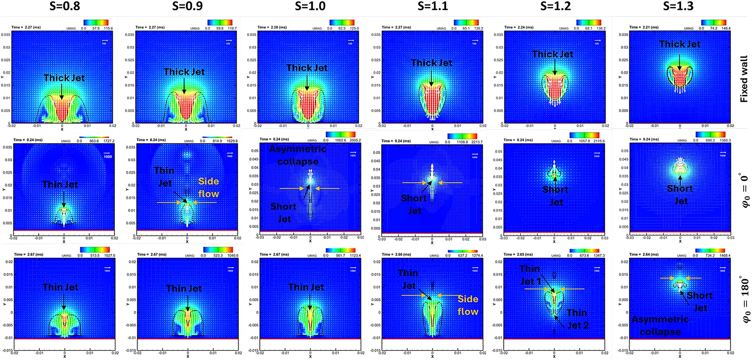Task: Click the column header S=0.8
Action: click(x=65, y=6)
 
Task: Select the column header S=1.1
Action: click(x=433, y=6)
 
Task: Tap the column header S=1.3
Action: click(x=678, y=6)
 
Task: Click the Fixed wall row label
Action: click(x=744, y=79)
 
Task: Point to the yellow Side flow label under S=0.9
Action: click(x=209, y=188)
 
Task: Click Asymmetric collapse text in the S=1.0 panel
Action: click(x=298, y=155)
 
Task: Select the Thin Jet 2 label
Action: click(x=577, y=319)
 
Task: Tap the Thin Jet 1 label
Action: click(x=530, y=275)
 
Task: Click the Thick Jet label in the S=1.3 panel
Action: click(x=680, y=44)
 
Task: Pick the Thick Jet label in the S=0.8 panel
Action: click(x=64, y=78)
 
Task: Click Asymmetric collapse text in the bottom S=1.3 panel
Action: click(x=660, y=325)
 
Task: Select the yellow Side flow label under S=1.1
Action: click(x=468, y=305)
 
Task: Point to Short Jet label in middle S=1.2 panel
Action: click(x=555, y=196)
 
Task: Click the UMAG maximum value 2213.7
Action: click(x=477, y=142)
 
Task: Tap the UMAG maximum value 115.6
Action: click(x=108, y=28)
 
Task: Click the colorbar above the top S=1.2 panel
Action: click(x=589, y=23)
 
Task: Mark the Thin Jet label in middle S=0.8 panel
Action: click(x=60, y=184)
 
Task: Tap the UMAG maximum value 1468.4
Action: click(x=725, y=256)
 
